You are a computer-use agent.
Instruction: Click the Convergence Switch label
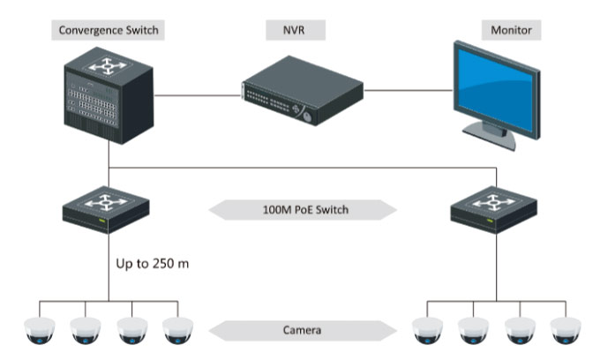(109, 30)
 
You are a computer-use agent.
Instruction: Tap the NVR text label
(294, 30)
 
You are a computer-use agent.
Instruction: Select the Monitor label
(511, 30)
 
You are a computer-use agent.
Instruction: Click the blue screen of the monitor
(495, 90)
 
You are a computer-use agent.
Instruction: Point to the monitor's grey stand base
(491, 137)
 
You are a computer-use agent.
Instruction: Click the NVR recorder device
(303, 91)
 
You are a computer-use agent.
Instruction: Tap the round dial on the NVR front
(307, 116)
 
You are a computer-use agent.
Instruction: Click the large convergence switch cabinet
(109, 95)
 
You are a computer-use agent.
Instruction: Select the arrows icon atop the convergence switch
(107, 66)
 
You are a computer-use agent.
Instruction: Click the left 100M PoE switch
(106, 209)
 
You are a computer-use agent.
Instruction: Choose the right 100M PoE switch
(494, 209)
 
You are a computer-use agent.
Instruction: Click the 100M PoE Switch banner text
(305, 210)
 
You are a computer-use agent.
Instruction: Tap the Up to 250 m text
(153, 264)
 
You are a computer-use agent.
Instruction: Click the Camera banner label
(302, 330)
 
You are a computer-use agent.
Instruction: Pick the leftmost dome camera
(40, 331)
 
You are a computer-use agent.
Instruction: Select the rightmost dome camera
(566, 331)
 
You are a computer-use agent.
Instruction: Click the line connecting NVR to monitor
(409, 91)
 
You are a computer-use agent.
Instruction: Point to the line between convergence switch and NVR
(198, 95)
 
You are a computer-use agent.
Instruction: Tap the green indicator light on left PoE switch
(101, 221)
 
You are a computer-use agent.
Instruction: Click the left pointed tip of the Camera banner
(210, 331)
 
